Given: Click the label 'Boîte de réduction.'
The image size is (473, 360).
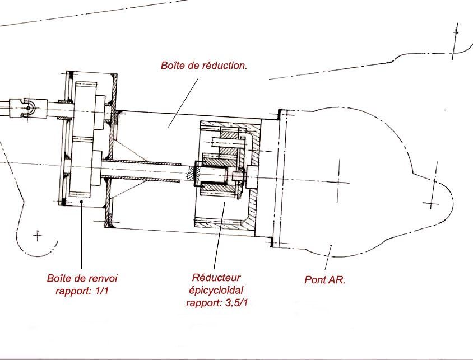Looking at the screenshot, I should pos(204,66).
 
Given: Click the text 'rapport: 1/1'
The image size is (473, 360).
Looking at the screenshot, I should pos(82,290).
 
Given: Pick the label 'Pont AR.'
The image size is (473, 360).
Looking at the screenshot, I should pos(324,279).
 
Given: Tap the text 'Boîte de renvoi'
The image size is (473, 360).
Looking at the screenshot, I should pos(82,278).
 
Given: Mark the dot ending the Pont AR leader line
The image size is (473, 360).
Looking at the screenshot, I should pos(332,245).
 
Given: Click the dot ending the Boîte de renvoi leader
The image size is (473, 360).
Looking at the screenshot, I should pos(82,202).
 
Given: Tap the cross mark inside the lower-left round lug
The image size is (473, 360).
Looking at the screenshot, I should pos(38,236).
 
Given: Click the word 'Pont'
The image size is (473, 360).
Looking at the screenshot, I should pos(316,279).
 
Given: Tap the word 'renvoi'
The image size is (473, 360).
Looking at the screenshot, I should pos(104,278).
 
